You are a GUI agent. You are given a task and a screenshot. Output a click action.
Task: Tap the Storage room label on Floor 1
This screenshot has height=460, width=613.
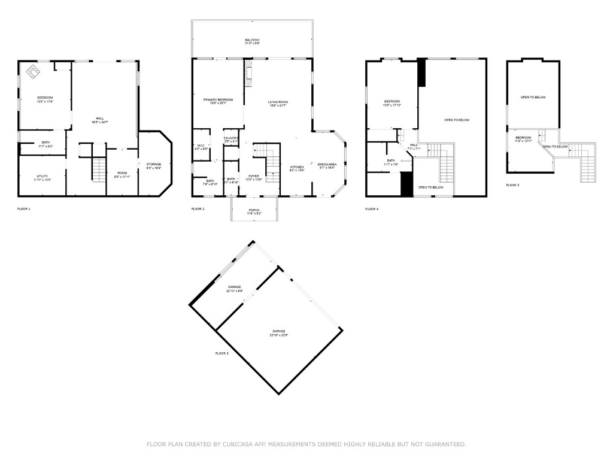pos(154,165)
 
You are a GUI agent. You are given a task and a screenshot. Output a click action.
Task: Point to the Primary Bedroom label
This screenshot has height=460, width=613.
pos(218,101)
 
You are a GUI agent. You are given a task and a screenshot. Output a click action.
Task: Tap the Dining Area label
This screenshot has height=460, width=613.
pos(327,165)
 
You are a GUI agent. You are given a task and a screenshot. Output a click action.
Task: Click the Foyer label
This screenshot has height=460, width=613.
pos(254,177)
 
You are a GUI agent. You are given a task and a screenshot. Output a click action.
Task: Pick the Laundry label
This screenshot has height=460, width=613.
pos(231,140)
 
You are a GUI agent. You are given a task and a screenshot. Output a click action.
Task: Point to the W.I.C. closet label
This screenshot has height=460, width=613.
pos(201,147)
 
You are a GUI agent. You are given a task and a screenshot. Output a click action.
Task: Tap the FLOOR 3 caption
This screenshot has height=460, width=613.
pos(221,354)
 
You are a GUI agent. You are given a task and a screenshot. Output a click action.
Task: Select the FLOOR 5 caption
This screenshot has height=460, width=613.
pos(512,185)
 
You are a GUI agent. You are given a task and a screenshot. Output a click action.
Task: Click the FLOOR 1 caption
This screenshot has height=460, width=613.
pos(24,209)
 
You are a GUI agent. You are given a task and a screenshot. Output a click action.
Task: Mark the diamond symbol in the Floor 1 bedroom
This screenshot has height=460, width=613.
pos(32,72)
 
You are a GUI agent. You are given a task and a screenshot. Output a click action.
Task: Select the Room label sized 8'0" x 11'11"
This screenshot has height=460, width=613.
pos(122,175)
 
